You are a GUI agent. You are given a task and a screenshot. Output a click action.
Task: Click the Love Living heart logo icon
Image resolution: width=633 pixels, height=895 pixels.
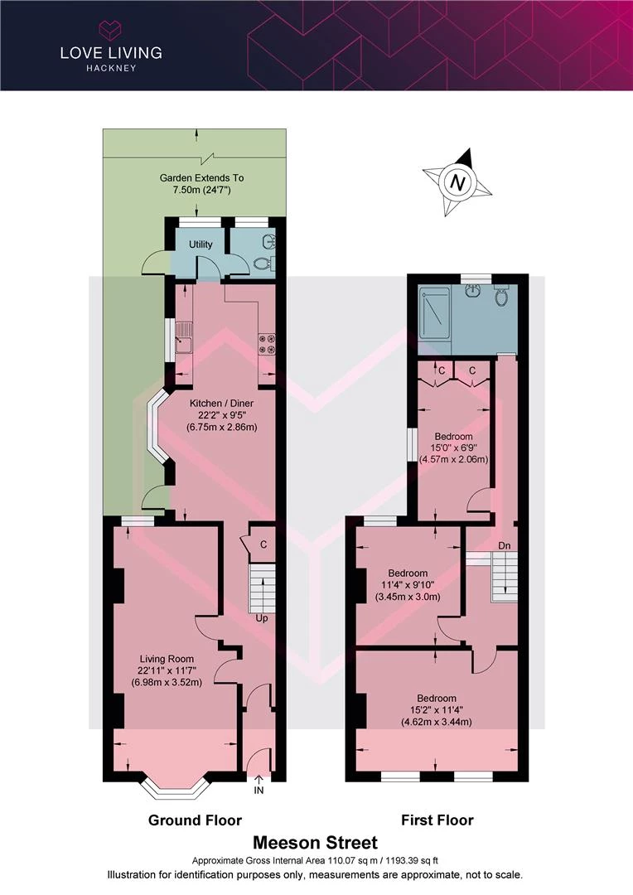(111, 30)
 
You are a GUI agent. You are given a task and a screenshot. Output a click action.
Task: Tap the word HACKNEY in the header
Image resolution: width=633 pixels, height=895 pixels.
(111, 68)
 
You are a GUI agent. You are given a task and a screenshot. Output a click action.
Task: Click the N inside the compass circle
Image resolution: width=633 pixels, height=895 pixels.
(457, 182)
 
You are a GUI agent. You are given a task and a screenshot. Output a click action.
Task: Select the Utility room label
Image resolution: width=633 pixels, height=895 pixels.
(201, 244)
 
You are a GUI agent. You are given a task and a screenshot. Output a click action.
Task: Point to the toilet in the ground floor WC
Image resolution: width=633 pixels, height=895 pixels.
(262, 264)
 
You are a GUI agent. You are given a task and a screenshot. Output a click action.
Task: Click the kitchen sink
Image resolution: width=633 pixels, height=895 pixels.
(184, 338)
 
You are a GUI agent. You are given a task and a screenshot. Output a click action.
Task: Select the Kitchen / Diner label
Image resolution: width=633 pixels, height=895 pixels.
(221, 403)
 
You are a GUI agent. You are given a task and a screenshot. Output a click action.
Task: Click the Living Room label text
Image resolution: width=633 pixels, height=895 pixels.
(167, 659)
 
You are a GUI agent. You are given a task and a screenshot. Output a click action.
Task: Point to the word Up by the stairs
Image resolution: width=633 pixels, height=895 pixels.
(262, 618)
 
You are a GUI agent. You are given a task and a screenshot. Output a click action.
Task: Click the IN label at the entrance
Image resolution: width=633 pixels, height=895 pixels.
(259, 791)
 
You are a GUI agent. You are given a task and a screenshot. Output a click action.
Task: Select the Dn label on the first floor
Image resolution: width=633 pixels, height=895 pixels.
(504, 545)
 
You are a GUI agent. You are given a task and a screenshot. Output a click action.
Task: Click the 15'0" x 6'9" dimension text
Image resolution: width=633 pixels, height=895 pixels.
(454, 447)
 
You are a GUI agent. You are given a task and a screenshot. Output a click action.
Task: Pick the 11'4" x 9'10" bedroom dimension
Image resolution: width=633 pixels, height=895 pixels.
(408, 584)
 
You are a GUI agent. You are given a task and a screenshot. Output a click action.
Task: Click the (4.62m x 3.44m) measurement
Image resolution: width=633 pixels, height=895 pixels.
(437, 722)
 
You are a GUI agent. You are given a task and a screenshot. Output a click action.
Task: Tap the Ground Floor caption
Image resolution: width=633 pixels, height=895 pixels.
(195, 820)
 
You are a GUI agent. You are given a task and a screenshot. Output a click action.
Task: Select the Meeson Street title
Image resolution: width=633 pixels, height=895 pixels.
(315, 843)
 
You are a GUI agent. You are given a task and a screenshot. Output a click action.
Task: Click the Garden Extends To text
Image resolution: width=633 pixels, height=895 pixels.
(201, 178)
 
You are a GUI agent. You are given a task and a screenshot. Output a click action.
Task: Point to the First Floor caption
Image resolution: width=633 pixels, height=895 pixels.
(437, 820)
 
